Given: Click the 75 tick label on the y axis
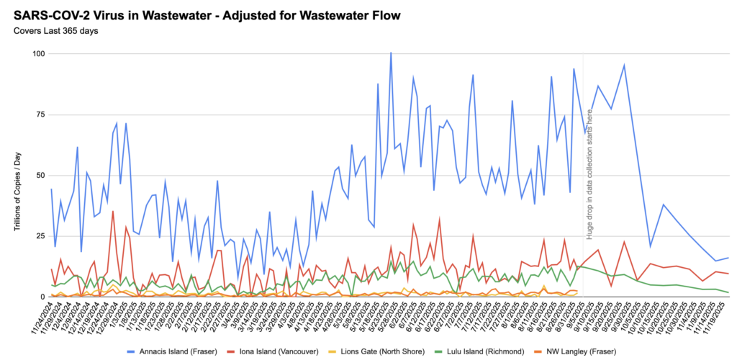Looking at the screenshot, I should [40, 114].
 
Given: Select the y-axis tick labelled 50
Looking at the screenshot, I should [40, 175].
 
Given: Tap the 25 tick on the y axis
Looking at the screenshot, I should [40, 236].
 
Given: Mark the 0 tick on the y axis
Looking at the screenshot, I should [42, 297].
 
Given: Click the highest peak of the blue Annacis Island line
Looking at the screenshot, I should [391, 53].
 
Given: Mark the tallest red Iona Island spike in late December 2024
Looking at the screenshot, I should [113, 211].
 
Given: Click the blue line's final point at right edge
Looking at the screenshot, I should [728, 258].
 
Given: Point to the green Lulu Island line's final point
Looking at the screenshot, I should [728, 292].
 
